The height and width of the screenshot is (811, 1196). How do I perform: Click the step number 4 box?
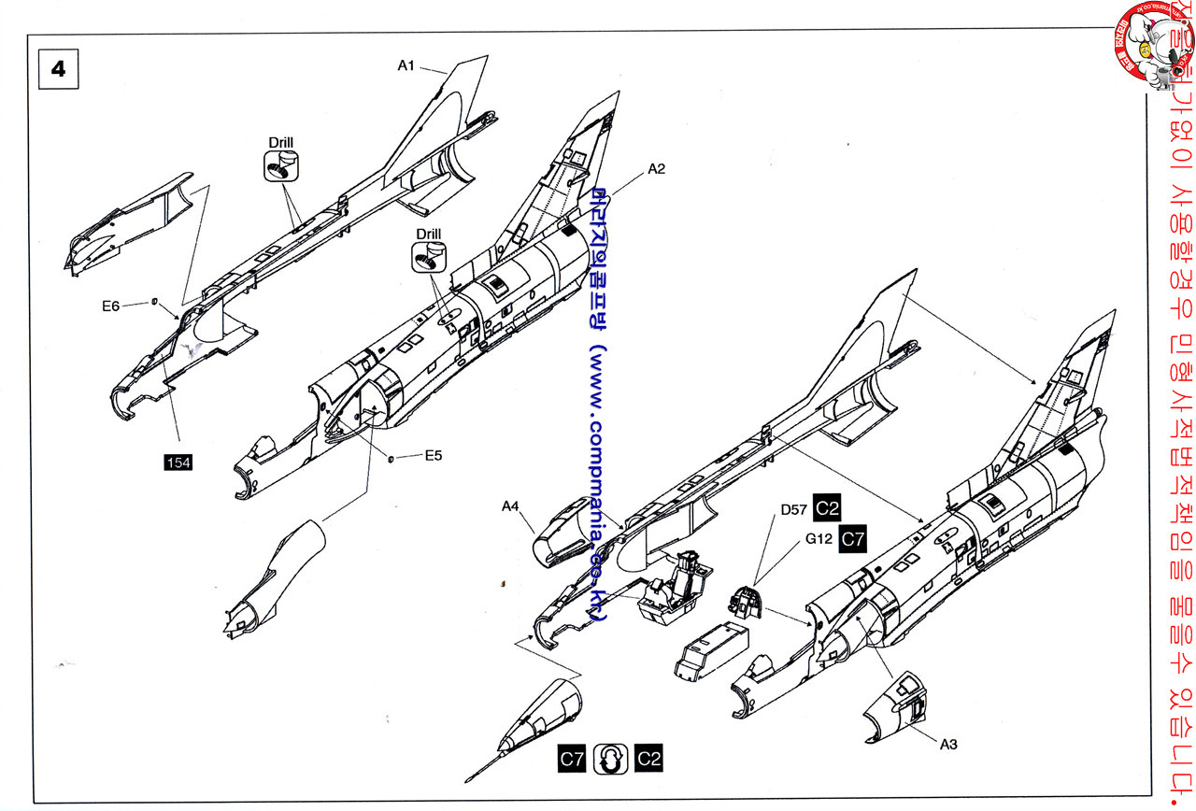58,70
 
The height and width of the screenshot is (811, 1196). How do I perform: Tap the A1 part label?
406,65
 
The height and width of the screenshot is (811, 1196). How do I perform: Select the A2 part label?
656,169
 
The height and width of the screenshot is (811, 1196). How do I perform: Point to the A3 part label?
921,744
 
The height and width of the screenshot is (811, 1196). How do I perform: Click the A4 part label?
510,506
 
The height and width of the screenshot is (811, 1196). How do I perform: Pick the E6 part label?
111,306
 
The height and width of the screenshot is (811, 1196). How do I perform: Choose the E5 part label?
433,456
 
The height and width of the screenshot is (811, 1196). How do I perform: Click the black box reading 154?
178,462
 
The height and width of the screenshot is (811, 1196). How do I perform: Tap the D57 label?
795,510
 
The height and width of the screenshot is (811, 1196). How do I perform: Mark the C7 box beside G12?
853,538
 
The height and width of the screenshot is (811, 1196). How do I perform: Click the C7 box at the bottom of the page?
572,759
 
